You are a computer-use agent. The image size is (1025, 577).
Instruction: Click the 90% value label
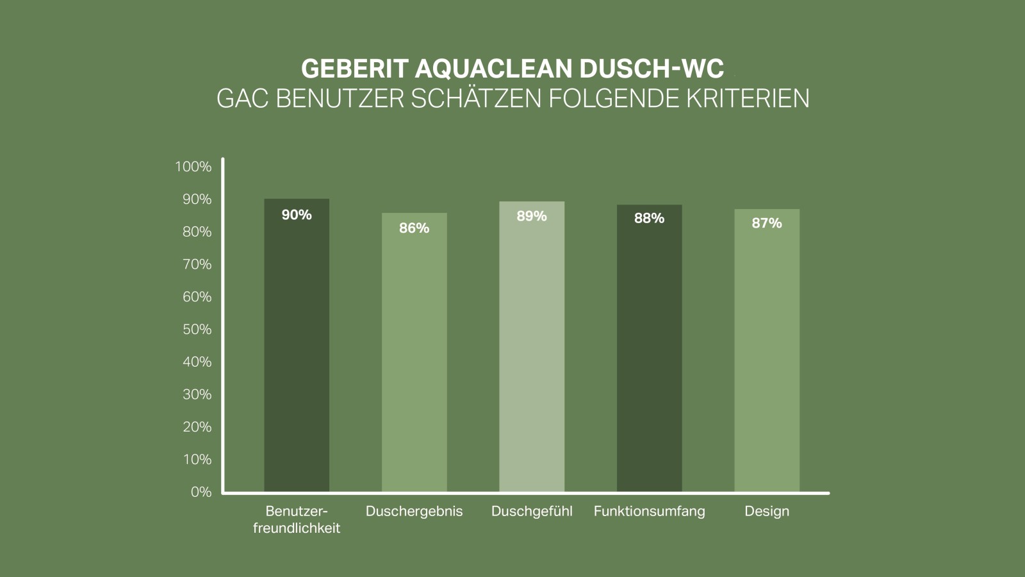[x=297, y=215]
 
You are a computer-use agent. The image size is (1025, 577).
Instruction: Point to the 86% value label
[x=414, y=228]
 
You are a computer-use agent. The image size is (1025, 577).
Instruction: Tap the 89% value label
[x=532, y=217]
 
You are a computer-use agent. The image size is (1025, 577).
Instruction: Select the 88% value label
[x=649, y=219]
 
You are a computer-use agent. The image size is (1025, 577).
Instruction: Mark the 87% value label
[x=767, y=223]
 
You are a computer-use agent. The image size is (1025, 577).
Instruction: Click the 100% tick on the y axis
[x=193, y=167]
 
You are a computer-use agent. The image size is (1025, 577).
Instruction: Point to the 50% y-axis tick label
[x=197, y=330]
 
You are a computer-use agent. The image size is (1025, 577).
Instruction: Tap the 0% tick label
[x=201, y=492]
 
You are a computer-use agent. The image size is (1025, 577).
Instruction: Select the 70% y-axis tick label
[x=197, y=264]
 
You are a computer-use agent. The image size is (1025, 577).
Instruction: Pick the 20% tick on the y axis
[x=197, y=427]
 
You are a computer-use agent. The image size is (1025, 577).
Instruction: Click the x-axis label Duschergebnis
[x=414, y=512]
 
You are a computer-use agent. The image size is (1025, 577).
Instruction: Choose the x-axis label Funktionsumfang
[x=649, y=512]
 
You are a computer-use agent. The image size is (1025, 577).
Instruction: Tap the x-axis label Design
[x=767, y=512]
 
